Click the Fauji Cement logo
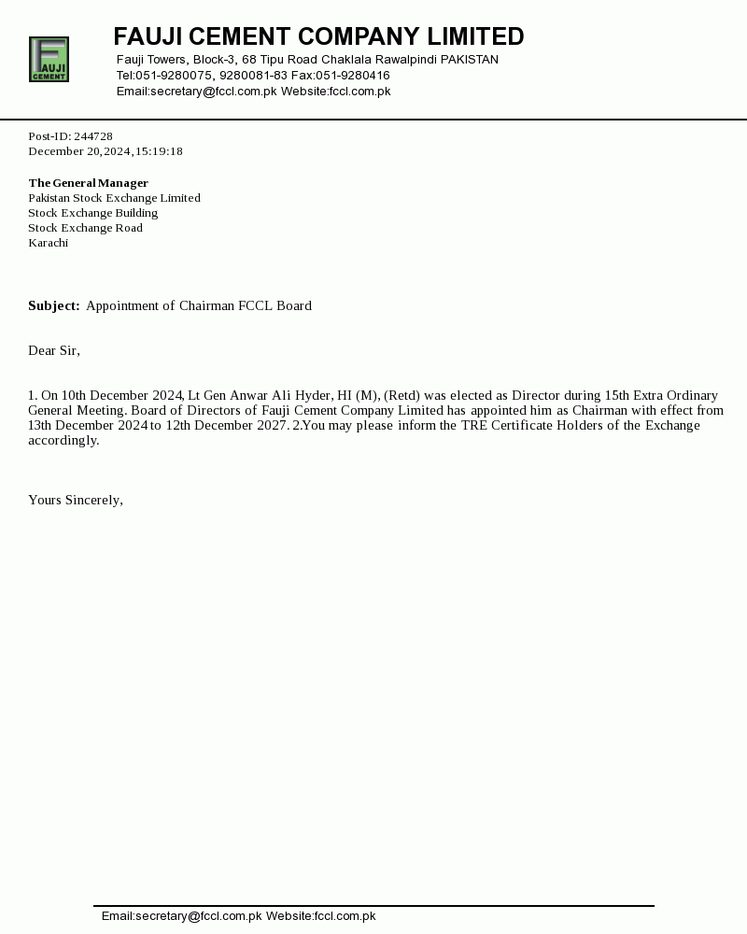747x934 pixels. coord(49,60)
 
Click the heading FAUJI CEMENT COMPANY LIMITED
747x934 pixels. coord(318,37)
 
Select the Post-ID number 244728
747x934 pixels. coord(93,136)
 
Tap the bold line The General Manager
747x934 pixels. coord(88,183)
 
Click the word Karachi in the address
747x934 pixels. coord(48,243)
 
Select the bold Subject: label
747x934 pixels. coord(54,306)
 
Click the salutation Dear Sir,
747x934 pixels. coord(54,351)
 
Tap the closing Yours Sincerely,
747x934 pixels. coord(76,501)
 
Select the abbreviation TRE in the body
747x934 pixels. coord(474,426)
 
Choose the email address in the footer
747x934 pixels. coord(182,916)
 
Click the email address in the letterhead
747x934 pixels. coord(197,92)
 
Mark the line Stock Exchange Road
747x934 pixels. coord(85,228)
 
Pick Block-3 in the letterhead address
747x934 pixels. coord(214,60)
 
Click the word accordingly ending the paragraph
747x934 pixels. coord(63,441)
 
